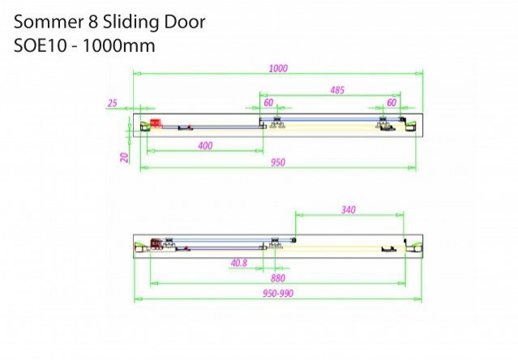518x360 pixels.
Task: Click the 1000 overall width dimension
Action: [x=278, y=68]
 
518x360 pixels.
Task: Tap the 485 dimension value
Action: [x=337, y=90]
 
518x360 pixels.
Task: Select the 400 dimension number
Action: [x=205, y=146]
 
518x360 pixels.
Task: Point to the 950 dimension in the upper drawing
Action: [x=278, y=162]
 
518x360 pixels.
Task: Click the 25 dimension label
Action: [x=113, y=103]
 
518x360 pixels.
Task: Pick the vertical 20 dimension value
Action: [x=124, y=157]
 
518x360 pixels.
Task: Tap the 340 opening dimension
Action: [x=349, y=210]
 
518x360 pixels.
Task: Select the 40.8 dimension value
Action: [x=239, y=263]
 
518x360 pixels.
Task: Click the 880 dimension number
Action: [x=278, y=278]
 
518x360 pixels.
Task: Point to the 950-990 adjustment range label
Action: [x=278, y=294]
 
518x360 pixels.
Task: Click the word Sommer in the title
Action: [x=48, y=22]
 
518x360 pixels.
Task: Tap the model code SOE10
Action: [x=40, y=45]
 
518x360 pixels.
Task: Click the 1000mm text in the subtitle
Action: [x=118, y=45]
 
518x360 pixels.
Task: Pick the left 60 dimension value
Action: [x=268, y=103]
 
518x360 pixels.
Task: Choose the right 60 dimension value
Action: [x=392, y=102]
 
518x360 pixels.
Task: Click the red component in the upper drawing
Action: [x=156, y=123]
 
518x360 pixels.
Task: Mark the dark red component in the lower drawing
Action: [x=157, y=244]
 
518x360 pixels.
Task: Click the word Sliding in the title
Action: [x=131, y=23]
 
